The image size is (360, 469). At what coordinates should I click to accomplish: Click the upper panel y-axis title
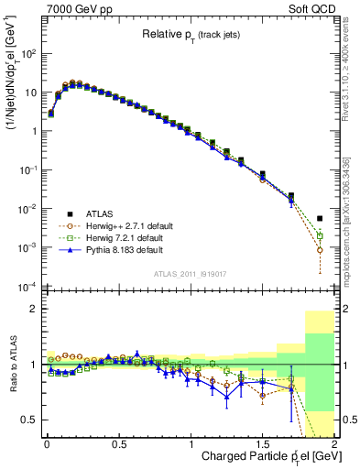click(12, 92)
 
